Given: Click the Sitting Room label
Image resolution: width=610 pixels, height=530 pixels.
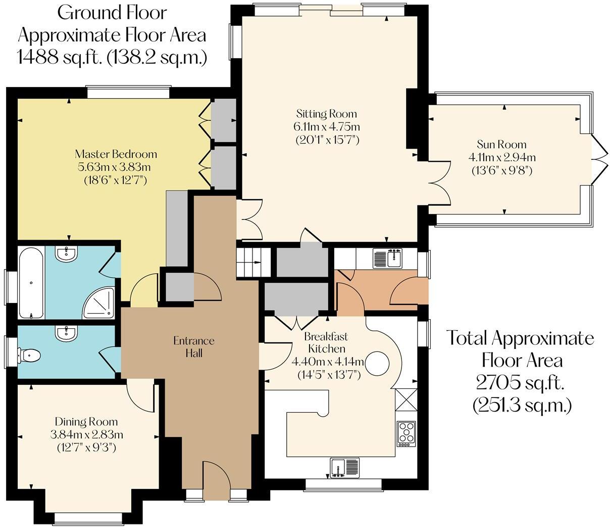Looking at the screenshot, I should click(x=327, y=113).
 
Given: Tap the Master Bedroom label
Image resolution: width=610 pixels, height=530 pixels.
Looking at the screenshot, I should click(x=116, y=154).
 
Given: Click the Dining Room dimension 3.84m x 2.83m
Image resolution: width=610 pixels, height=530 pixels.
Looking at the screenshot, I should click(x=87, y=434).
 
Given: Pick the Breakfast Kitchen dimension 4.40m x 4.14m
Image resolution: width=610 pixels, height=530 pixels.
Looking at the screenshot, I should click(x=328, y=362).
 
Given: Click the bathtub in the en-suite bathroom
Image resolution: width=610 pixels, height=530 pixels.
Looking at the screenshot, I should click(x=31, y=282).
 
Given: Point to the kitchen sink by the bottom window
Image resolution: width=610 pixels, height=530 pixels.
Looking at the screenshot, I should click(x=345, y=467).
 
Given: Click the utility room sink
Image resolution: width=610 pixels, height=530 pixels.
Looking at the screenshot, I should click(x=387, y=258).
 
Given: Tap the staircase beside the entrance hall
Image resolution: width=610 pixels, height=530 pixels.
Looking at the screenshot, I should click(x=249, y=261).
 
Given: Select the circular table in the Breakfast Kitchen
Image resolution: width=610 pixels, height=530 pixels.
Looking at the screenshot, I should click(x=377, y=364).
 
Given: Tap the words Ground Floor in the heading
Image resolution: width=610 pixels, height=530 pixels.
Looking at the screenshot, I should click(x=112, y=12).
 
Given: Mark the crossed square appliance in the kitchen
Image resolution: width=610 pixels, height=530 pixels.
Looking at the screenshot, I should click(x=406, y=399).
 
